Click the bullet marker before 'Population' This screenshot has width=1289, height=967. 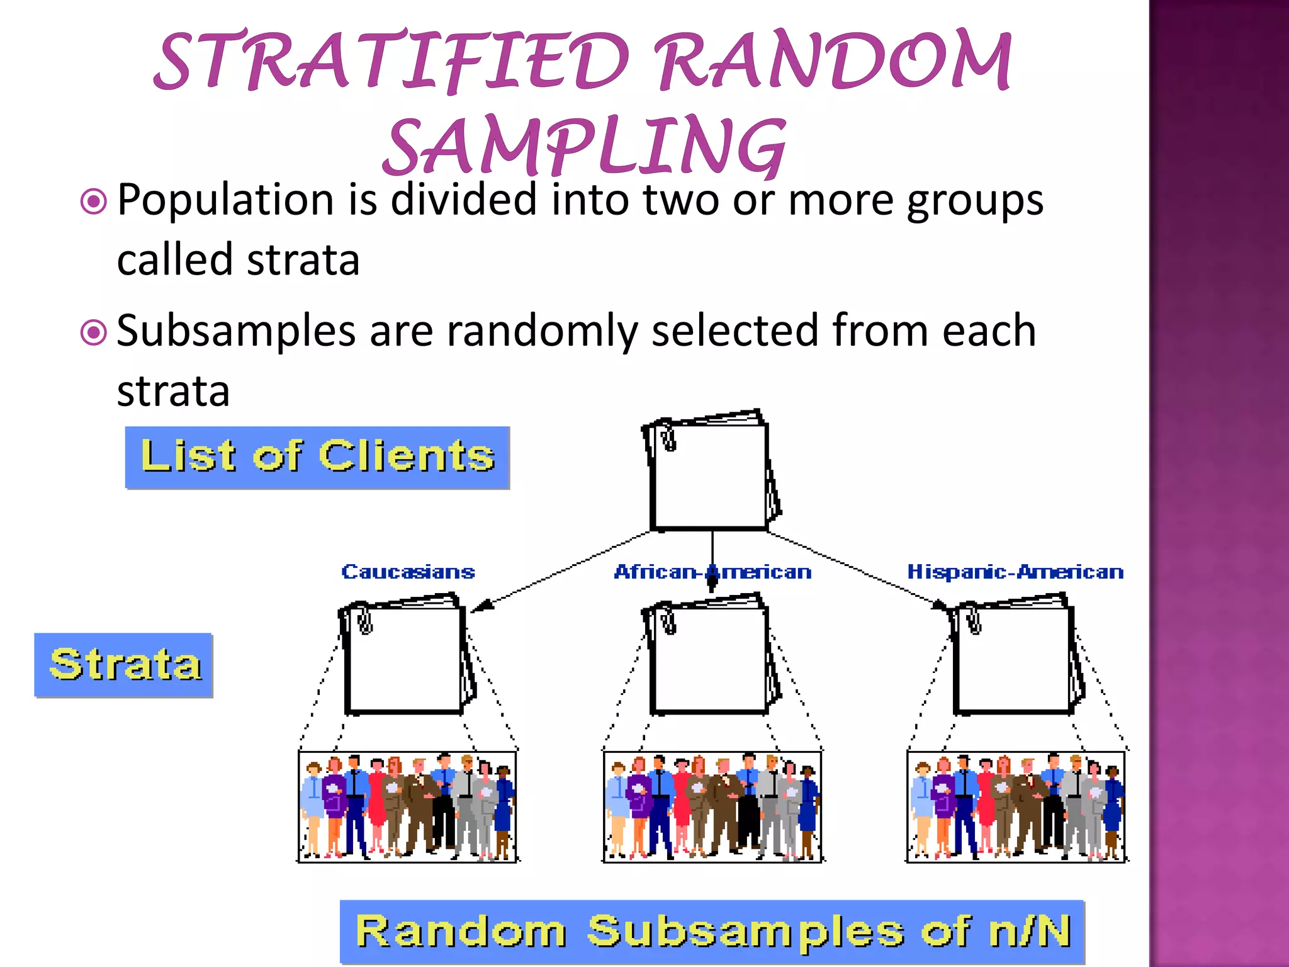click(94, 202)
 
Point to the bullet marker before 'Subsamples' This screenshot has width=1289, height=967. click(94, 332)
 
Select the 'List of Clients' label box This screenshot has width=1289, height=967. click(317, 457)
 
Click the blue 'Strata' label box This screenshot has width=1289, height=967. click(124, 665)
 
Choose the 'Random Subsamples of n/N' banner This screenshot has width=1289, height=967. click(712, 932)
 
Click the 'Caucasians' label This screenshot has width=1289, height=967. click(408, 572)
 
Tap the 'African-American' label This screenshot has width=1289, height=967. click(712, 572)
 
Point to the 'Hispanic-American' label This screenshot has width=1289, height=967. click(1015, 572)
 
